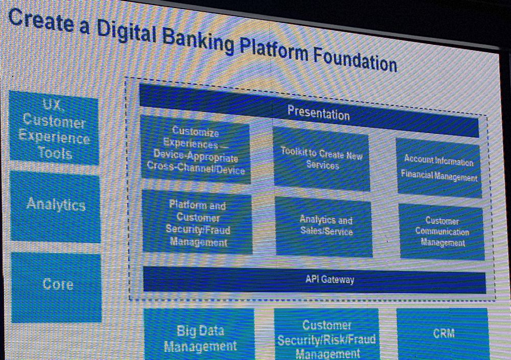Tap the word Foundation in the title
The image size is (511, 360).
[355, 60]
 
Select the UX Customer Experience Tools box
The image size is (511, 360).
[54, 127]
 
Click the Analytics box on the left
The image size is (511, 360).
[55, 207]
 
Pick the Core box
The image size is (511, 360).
[56, 287]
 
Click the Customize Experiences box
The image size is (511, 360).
[196, 150]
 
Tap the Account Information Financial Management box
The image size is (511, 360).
[438, 168]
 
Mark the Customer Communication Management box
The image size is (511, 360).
[442, 232]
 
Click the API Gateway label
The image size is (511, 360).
[330, 279]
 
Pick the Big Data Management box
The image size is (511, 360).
[199, 334]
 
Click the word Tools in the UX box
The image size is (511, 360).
[55, 152]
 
